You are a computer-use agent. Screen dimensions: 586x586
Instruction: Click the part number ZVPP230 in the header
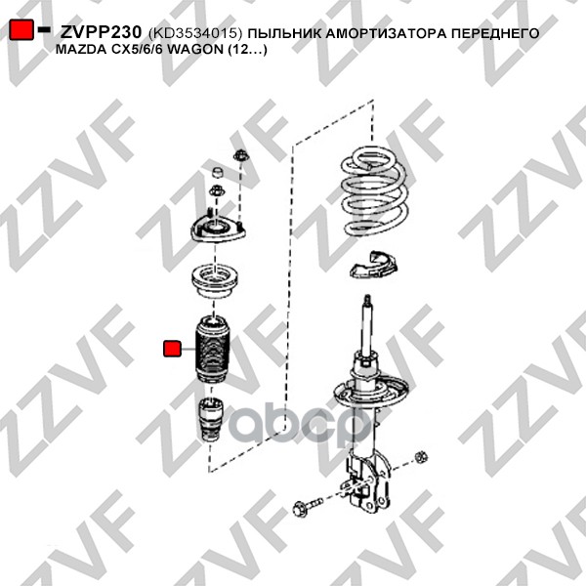101,32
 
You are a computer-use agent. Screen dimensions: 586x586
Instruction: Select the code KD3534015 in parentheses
196,33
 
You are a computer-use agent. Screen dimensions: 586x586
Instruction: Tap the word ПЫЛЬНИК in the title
284,33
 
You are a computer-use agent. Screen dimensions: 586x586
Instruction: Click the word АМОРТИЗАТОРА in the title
386,33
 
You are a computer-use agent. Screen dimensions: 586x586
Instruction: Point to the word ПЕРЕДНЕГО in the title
495,33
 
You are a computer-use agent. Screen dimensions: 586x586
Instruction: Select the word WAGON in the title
195,50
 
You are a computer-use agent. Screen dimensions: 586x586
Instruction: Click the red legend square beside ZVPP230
21,30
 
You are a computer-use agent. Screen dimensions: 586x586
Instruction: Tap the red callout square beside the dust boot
172,349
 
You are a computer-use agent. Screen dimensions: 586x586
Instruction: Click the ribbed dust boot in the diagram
213,350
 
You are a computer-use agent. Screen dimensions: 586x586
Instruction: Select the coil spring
374,190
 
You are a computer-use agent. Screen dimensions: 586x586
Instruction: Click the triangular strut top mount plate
218,229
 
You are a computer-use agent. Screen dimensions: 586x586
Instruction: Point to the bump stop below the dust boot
211,420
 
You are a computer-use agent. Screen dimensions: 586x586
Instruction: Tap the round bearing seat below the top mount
215,281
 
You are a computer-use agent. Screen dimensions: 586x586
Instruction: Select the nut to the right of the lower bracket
421,457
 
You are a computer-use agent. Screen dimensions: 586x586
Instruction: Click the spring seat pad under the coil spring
373,265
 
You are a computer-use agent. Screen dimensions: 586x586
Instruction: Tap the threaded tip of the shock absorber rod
368,301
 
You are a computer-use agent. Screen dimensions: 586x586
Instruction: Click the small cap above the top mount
218,173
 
